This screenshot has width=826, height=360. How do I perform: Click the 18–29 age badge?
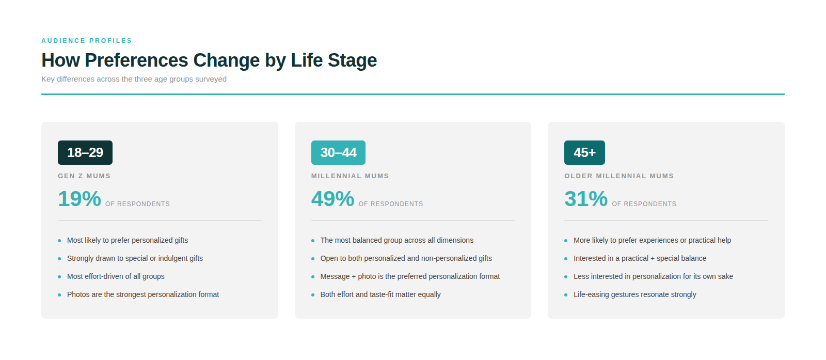(85, 152)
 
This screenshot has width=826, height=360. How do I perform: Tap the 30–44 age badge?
(338, 152)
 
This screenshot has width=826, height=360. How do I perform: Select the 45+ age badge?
(584, 152)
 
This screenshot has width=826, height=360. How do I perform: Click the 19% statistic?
(80, 199)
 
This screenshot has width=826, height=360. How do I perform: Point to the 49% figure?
(332, 199)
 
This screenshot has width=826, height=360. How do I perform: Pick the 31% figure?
(586, 199)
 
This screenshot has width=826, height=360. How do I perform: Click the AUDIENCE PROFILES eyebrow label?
(87, 41)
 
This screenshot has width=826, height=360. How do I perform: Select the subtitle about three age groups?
(134, 79)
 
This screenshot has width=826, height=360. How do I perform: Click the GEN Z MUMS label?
(84, 176)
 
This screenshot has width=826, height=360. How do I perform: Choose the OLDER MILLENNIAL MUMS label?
(619, 176)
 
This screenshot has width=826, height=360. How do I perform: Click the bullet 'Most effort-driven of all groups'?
(116, 276)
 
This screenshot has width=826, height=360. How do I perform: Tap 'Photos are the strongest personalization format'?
(143, 294)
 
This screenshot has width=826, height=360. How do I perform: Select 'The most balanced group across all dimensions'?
(397, 240)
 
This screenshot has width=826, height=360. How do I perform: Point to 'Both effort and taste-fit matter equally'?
(380, 294)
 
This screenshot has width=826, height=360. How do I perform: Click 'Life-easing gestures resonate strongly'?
(634, 294)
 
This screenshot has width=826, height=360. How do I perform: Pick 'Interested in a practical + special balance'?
(640, 258)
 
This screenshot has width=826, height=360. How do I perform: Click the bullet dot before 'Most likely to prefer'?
(59, 241)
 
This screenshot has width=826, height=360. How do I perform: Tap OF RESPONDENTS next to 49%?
(391, 204)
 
